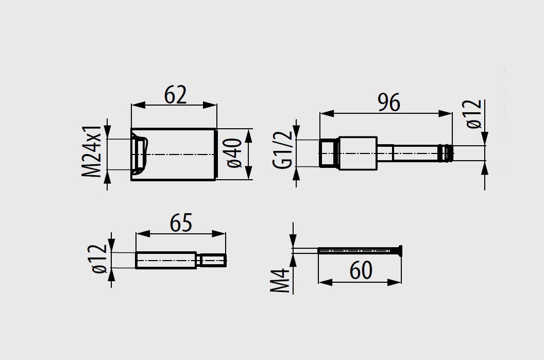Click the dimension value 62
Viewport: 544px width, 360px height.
pyautogui.click(x=175, y=95)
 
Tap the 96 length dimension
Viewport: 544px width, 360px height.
pyautogui.click(x=389, y=102)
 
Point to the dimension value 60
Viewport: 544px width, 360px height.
pyautogui.click(x=361, y=270)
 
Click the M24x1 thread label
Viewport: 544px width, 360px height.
pyautogui.click(x=92, y=151)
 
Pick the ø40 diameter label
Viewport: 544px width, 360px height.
pyautogui.click(x=235, y=153)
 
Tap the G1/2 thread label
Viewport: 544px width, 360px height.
pyautogui.click(x=283, y=150)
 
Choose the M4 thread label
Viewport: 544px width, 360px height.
pyautogui.click(x=280, y=280)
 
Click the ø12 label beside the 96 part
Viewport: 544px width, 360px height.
pyautogui.click(x=474, y=114)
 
